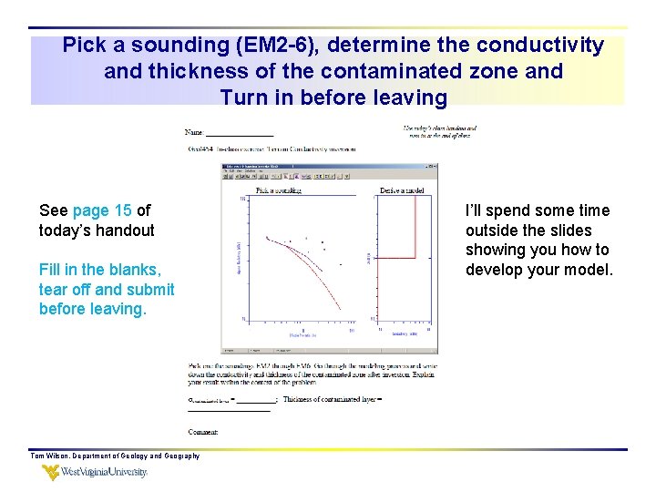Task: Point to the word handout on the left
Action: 124,231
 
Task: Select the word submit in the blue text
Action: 151,290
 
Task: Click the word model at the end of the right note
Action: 589,270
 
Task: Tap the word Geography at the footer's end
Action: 180,456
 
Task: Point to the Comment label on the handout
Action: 203,432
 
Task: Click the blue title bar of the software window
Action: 328,167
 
